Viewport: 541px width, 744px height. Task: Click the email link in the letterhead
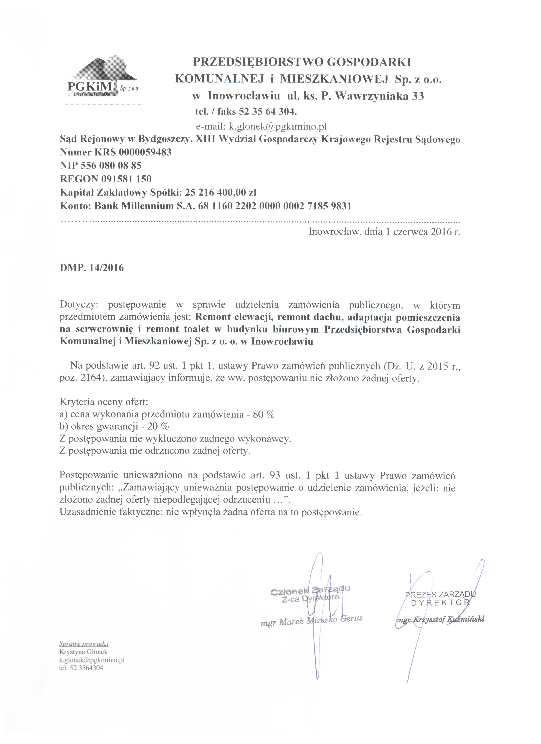(x=277, y=126)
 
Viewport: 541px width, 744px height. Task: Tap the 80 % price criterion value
(x=264, y=414)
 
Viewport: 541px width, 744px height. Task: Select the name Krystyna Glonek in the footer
(x=83, y=652)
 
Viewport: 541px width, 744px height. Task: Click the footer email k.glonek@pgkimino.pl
(x=92, y=660)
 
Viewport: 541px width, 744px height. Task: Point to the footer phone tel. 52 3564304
(x=81, y=667)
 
